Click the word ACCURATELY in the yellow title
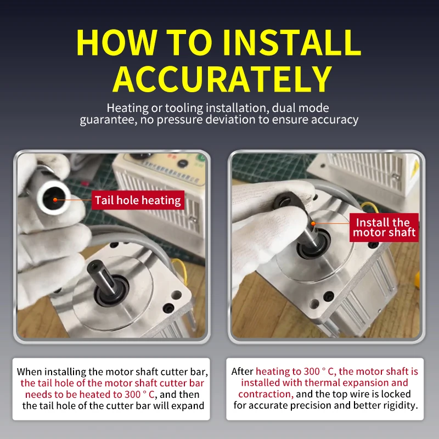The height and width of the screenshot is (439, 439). [222, 79]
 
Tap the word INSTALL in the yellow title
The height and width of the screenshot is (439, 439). [291, 42]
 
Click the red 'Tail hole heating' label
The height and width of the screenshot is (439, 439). [138, 200]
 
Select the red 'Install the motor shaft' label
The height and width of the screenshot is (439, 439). [384, 227]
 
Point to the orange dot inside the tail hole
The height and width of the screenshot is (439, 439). [55, 200]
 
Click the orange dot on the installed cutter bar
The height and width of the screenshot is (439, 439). [313, 223]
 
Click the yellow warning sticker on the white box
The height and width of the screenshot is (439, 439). [415, 168]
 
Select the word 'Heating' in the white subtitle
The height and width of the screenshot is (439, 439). [127, 108]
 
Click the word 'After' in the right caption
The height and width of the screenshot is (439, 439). [242, 372]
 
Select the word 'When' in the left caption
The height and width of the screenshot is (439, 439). [30, 372]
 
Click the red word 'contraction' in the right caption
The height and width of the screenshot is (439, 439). [266, 394]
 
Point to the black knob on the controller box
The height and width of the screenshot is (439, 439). [182, 163]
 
